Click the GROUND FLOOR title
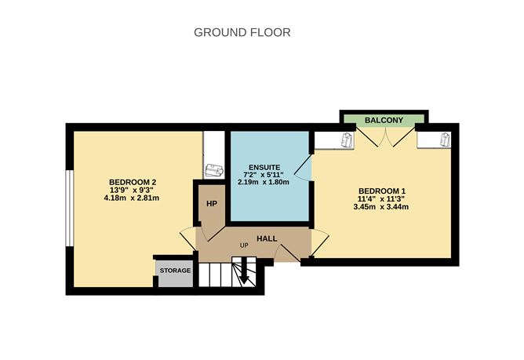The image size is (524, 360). pyautogui.click(x=242, y=33)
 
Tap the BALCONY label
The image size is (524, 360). pyautogui.click(x=384, y=120)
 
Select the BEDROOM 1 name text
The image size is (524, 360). pyautogui.click(x=382, y=191)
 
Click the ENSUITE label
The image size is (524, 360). pyautogui.click(x=264, y=166)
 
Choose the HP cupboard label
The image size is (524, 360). pyautogui.click(x=212, y=203)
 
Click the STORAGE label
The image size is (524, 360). pyautogui.click(x=175, y=271)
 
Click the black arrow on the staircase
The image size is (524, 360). pyautogui.click(x=244, y=275)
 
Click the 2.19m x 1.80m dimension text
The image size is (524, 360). pyautogui.click(x=264, y=182)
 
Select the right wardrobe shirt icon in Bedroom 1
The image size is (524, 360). pyautogui.click(x=443, y=140)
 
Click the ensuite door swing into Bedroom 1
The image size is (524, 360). pyautogui.click(x=305, y=166)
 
